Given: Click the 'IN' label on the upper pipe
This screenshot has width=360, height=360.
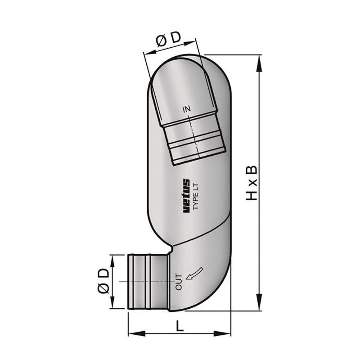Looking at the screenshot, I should pyautogui.click(x=187, y=109).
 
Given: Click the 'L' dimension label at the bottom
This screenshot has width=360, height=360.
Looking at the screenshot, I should pyautogui.click(x=180, y=325).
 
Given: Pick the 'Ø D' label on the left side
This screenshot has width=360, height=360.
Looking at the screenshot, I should pyautogui.click(x=103, y=281).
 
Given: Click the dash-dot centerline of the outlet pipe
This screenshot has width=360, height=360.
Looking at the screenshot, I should pyautogui.click(x=144, y=282).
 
